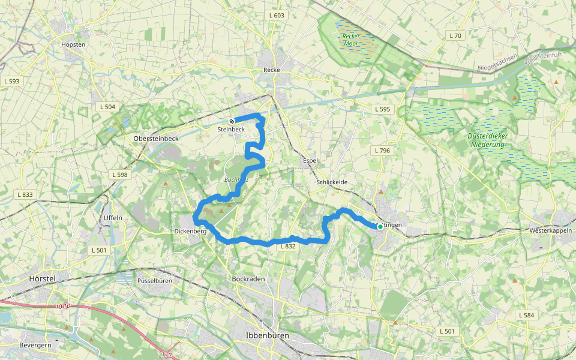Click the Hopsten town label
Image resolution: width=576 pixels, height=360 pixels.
(74, 44)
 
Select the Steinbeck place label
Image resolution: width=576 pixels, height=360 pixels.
(231, 129)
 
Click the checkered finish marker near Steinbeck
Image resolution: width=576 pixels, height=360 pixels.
(232, 121)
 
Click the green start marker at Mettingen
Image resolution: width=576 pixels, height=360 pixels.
(380, 227)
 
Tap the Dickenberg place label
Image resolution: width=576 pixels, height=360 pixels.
(190, 231)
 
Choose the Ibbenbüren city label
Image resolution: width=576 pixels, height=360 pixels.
(267, 335)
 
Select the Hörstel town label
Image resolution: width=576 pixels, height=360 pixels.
(43, 279)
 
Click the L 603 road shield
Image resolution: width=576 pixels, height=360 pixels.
(277, 16)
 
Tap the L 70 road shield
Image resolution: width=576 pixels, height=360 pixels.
(455, 36)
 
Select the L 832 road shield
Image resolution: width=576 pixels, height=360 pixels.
(287, 246)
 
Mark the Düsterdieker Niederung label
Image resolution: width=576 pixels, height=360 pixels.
(488, 140)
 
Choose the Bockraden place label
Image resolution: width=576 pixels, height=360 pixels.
(248, 279)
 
